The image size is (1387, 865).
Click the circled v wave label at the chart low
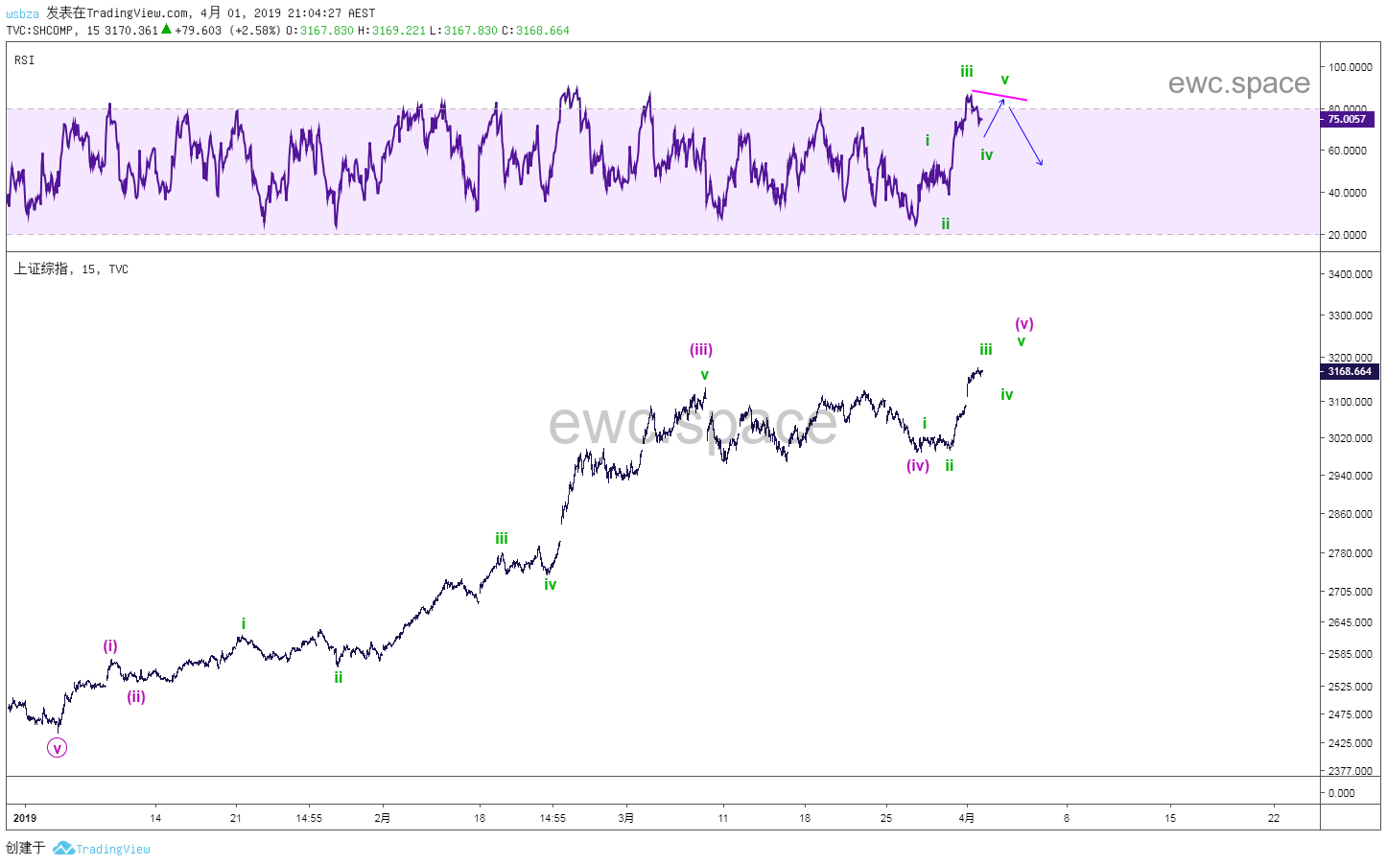pyautogui.click(x=58, y=748)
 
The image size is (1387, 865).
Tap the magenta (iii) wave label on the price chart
pyautogui.click(x=701, y=350)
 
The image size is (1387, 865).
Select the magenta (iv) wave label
pyautogui.click(x=918, y=466)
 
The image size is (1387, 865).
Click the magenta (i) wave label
pyautogui.click(x=110, y=646)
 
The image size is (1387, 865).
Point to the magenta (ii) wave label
pyautogui.click(x=136, y=697)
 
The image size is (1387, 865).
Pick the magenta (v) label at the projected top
pyautogui.click(x=1024, y=324)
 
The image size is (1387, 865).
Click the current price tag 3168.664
pyautogui.click(x=1350, y=371)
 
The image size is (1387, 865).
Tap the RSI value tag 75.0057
pyautogui.click(x=1347, y=119)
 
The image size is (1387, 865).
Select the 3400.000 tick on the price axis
pyautogui.click(x=1350, y=274)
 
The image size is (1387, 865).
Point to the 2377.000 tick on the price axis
pyautogui.click(x=1350, y=771)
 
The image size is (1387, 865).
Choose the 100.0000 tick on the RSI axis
pyautogui.click(x=1349, y=67)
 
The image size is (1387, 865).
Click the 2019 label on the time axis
pyautogui.click(x=25, y=818)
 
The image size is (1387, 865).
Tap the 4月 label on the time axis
pyautogui.click(x=967, y=818)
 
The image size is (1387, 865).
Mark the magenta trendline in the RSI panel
pyautogui.click(x=999, y=95)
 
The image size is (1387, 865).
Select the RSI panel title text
pyautogui.click(x=25, y=60)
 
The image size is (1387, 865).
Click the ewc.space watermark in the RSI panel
pyautogui.click(x=1238, y=83)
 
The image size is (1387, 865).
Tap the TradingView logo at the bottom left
pyautogui.click(x=102, y=849)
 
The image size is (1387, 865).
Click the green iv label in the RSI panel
pyautogui.click(x=987, y=155)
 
